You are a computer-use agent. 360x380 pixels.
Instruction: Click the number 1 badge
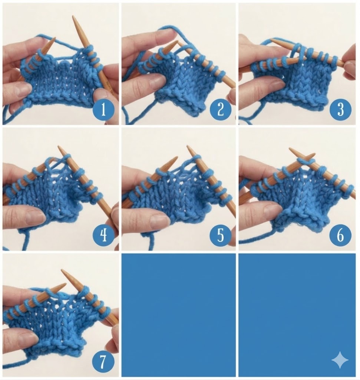[103, 109]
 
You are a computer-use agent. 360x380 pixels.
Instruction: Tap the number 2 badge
[221, 109]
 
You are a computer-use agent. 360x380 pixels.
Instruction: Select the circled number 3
[340, 109]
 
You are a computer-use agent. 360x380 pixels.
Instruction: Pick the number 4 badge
[103, 235]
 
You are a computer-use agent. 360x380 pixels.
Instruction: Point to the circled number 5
[221, 235]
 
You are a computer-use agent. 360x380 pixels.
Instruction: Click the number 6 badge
[340, 235]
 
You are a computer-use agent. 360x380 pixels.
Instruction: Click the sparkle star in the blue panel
[340, 360]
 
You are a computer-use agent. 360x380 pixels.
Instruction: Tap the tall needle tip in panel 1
[73, 16]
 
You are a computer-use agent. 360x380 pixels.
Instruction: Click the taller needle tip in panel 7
[62, 270]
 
